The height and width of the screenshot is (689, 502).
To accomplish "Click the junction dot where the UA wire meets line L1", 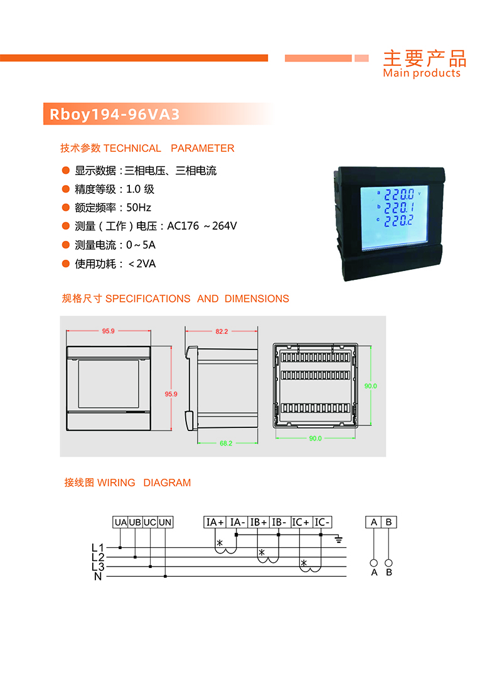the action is [x=120, y=548].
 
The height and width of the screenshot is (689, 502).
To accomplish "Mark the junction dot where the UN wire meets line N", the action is [x=165, y=576].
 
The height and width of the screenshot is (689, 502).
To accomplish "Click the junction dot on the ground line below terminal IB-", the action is [x=278, y=535].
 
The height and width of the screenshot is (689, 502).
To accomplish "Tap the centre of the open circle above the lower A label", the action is [x=374, y=563].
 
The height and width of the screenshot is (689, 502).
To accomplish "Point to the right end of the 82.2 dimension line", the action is [x=258, y=331].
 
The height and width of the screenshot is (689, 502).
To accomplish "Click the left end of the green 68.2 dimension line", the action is [x=198, y=443].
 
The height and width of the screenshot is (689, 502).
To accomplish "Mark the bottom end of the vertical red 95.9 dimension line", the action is [x=171, y=430].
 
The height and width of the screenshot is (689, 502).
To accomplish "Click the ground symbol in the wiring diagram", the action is [x=338, y=539].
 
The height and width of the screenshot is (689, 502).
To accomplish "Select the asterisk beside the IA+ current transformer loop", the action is [x=220, y=543].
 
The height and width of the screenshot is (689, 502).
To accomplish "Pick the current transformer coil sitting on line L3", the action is [x=311, y=568].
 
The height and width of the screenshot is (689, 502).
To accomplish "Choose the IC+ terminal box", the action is [x=301, y=522].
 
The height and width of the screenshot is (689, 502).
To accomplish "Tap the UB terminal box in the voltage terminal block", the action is [x=135, y=522].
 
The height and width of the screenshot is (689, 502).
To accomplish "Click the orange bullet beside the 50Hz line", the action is [x=66, y=207].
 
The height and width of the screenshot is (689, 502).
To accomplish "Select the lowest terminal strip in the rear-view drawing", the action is [x=316, y=409].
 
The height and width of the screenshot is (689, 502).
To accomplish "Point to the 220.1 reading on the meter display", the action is [x=399, y=207].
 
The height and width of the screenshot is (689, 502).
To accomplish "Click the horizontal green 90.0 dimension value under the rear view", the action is [x=315, y=438].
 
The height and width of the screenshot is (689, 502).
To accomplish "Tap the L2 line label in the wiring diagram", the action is [x=98, y=557].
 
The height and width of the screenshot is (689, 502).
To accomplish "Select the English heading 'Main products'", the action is [x=422, y=73].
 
